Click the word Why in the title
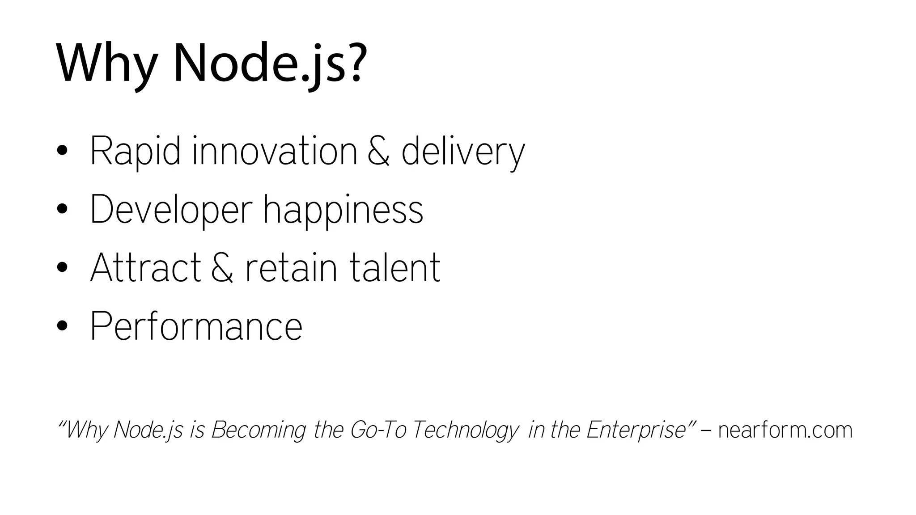(106, 63)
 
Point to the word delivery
(463, 152)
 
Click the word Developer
(171, 210)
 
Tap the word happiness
(343, 210)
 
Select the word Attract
(145, 268)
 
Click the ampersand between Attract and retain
(222, 268)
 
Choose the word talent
(394, 268)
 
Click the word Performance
(196, 326)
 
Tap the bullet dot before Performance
(62, 326)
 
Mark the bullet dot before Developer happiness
(62, 209)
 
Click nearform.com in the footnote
(785, 430)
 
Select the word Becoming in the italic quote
(259, 430)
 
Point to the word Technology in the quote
(465, 430)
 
